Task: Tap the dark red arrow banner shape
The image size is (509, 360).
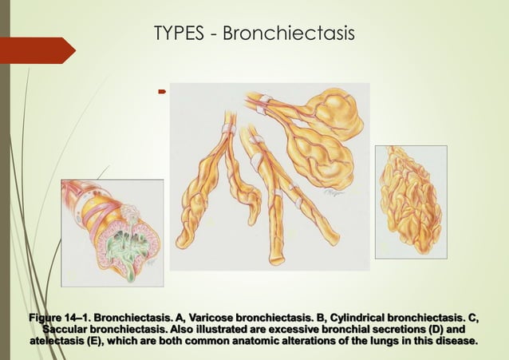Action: point(37,50)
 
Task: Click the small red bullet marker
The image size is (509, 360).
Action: point(161,93)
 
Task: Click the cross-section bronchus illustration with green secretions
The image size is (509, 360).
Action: point(112,232)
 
